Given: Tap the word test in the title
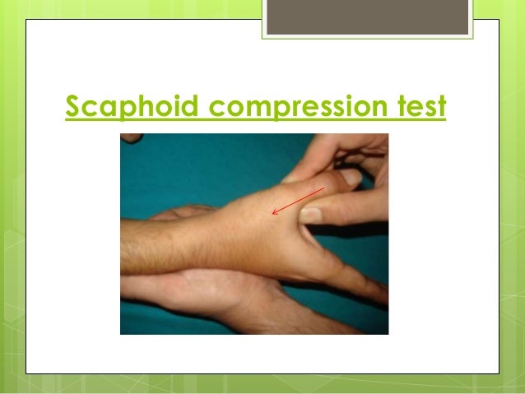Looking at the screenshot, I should (x=419, y=107).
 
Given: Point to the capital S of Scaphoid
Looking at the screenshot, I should (x=73, y=106).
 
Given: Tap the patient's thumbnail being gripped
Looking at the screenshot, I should (x=351, y=177).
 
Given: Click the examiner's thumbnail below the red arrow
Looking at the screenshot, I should (x=311, y=214).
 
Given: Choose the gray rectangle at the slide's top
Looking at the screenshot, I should (x=369, y=17).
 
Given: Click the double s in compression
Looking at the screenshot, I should (x=327, y=108).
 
